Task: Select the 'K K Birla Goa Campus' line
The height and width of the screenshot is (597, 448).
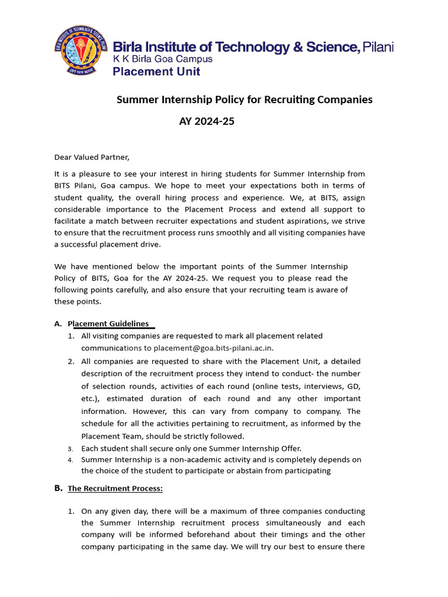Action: click(x=162, y=59)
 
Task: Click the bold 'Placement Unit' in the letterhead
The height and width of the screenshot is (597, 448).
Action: click(x=156, y=72)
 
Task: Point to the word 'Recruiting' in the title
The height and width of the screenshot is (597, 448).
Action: click(x=289, y=100)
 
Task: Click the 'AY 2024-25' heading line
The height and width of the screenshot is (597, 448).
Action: click(x=206, y=122)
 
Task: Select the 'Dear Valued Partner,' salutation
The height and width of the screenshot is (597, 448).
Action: click(x=92, y=157)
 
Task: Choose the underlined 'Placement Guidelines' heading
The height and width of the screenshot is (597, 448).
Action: click(x=108, y=324)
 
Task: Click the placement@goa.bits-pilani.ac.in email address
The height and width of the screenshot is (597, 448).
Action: click(x=213, y=349)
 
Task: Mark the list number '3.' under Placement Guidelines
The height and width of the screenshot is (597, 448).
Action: click(x=70, y=449)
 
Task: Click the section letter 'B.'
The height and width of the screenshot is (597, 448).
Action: click(x=58, y=489)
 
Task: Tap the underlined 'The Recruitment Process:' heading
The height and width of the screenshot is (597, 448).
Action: click(x=115, y=489)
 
